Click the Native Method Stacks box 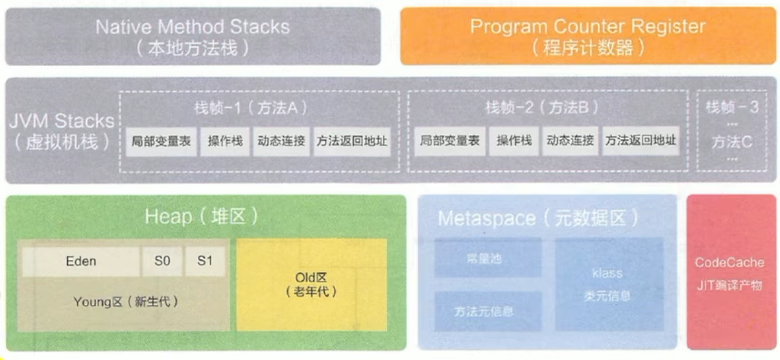[x=193, y=36]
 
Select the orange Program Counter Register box [x=587, y=36]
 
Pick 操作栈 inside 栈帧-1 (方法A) [x=225, y=141]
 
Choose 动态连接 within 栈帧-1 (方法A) [x=281, y=141]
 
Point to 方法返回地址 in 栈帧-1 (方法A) [x=351, y=141]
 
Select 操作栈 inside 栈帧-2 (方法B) [x=514, y=141]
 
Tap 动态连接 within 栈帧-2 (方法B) [x=570, y=141]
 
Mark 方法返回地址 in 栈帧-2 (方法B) [x=641, y=141]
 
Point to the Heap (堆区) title [x=201, y=216]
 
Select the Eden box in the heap [x=81, y=261]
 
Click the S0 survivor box [x=162, y=261]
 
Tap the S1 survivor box [x=205, y=261]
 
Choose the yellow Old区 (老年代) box [x=311, y=285]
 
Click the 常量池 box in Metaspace [x=488, y=258]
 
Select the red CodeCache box [x=729, y=273]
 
